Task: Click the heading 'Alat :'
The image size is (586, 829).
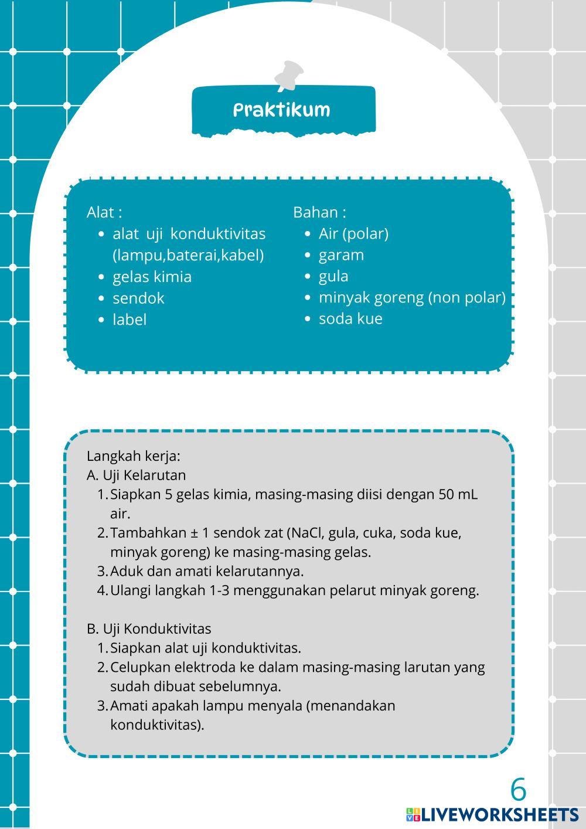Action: [104, 212]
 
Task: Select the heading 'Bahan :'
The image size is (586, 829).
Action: [319, 212]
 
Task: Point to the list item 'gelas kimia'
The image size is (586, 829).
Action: [152, 277]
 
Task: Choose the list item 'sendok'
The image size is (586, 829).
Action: [138, 298]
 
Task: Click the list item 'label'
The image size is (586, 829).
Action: [130, 320]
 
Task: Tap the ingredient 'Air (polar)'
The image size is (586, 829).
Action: [353, 233]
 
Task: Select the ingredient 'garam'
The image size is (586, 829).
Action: [341, 255]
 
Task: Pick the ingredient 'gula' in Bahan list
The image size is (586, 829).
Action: [333, 276]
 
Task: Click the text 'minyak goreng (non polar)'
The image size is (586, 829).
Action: [412, 297]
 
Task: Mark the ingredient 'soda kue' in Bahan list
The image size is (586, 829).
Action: [350, 319]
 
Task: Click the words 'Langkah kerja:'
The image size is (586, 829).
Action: [134, 456]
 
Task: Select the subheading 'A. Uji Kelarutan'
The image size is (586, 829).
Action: [136, 475]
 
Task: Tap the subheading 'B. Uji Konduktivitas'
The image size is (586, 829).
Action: [149, 628]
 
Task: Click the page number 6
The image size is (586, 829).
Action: [518, 790]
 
